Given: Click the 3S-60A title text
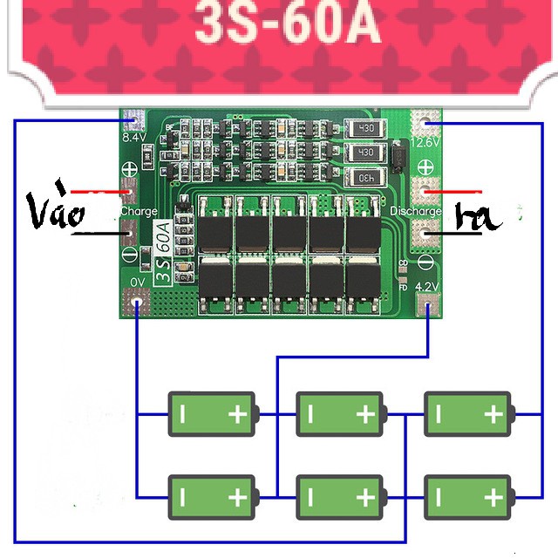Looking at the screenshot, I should pyautogui.click(x=287, y=24).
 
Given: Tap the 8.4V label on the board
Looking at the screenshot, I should pyautogui.click(x=133, y=138).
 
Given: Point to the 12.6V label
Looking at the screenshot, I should pyautogui.click(x=426, y=141).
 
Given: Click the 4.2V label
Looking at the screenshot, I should pyautogui.click(x=426, y=285).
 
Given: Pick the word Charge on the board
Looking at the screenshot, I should pyautogui.click(x=139, y=212).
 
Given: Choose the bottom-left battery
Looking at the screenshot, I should pyautogui.click(x=212, y=497).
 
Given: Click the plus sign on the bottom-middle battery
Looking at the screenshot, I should pyautogui.click(x=365, y=498).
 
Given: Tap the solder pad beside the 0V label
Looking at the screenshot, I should pyautogui.click(x=136, y=304).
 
